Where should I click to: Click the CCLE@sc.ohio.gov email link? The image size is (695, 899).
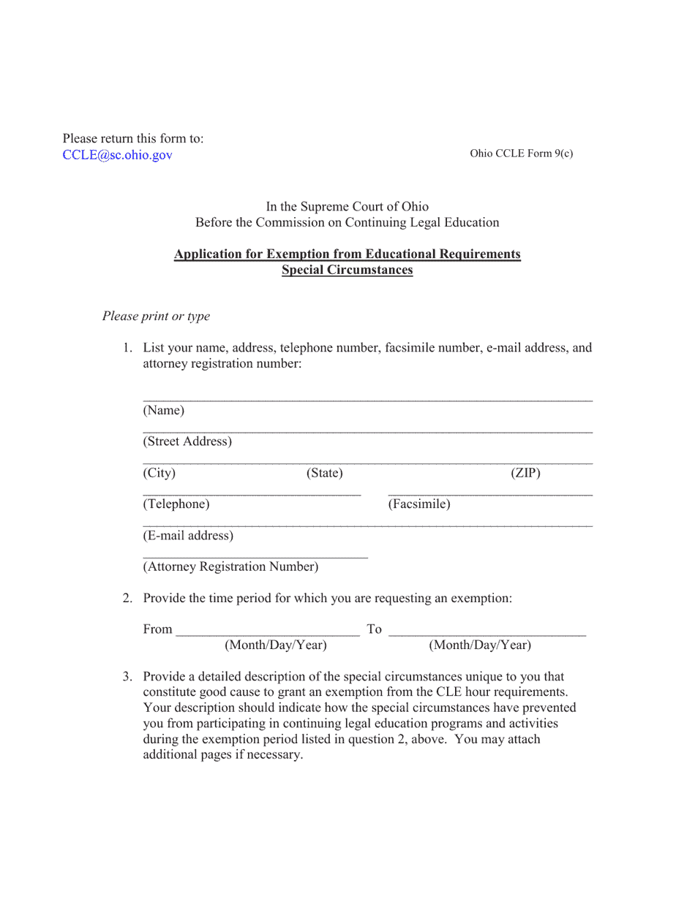coord(118,154)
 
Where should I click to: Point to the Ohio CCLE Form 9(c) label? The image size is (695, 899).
coord(521,153)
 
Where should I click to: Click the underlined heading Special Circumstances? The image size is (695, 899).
coord(347,270)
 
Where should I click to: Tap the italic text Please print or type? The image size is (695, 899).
coord(156,316)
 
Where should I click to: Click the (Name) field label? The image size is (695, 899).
coord(163,410)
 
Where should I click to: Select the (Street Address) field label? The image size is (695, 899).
coord(187,441)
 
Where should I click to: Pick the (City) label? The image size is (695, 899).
coord(159,473)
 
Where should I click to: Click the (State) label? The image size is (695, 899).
coord(324,473)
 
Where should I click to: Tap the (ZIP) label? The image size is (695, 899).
coord(525,473)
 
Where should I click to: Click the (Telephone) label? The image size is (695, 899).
coord(176,504)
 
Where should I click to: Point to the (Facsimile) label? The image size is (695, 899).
coord(418,504)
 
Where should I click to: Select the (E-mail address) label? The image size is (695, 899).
coord(188,536)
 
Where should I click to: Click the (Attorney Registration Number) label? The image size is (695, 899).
coord(230,566)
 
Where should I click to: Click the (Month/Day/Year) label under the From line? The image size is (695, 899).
coord(275,645)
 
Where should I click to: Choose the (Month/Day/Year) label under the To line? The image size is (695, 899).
coord(480,645)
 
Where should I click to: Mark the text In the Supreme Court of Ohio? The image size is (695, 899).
coord(347,207)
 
